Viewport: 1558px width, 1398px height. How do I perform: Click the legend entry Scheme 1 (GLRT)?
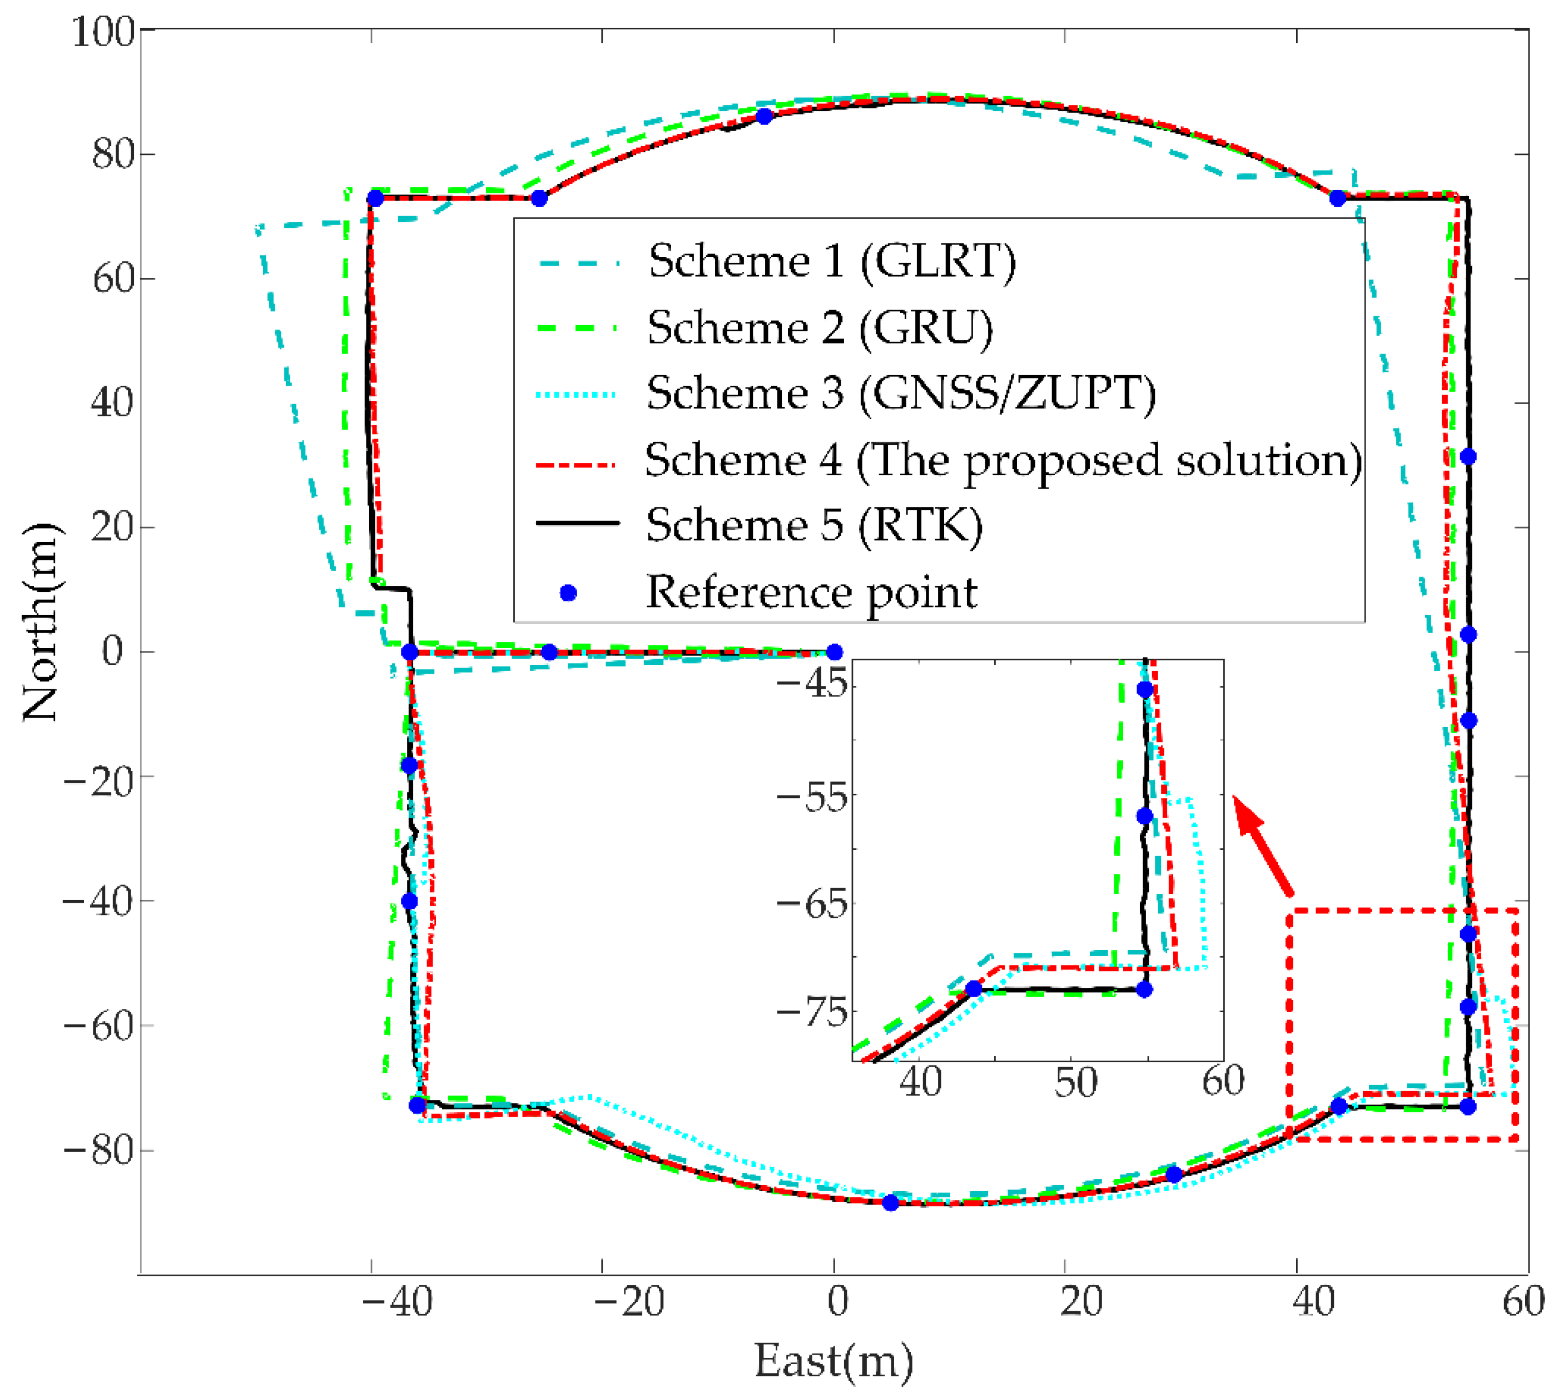[x=831, y=261]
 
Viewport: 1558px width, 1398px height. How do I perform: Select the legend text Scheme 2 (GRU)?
[x=820, y=328]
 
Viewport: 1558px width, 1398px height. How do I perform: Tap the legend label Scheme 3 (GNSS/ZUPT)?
[x=900, y=394]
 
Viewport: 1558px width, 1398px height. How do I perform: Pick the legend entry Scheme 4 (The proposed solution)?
[x=1003, y=461]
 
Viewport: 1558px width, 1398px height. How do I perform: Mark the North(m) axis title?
[x=40, y=622]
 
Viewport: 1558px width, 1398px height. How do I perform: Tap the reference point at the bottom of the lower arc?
[x=890, y=1203]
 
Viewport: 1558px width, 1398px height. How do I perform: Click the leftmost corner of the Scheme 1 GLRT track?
[x=257, y=228]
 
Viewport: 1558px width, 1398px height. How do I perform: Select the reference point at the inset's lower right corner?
[x=1144, y=989]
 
